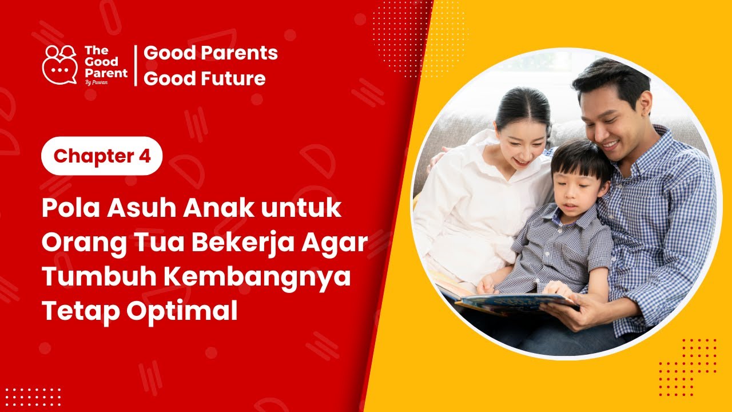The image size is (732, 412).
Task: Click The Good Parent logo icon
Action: [59, 65]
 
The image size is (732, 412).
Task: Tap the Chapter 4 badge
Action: [102, 156]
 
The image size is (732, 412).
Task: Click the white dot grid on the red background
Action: [32, 396]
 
